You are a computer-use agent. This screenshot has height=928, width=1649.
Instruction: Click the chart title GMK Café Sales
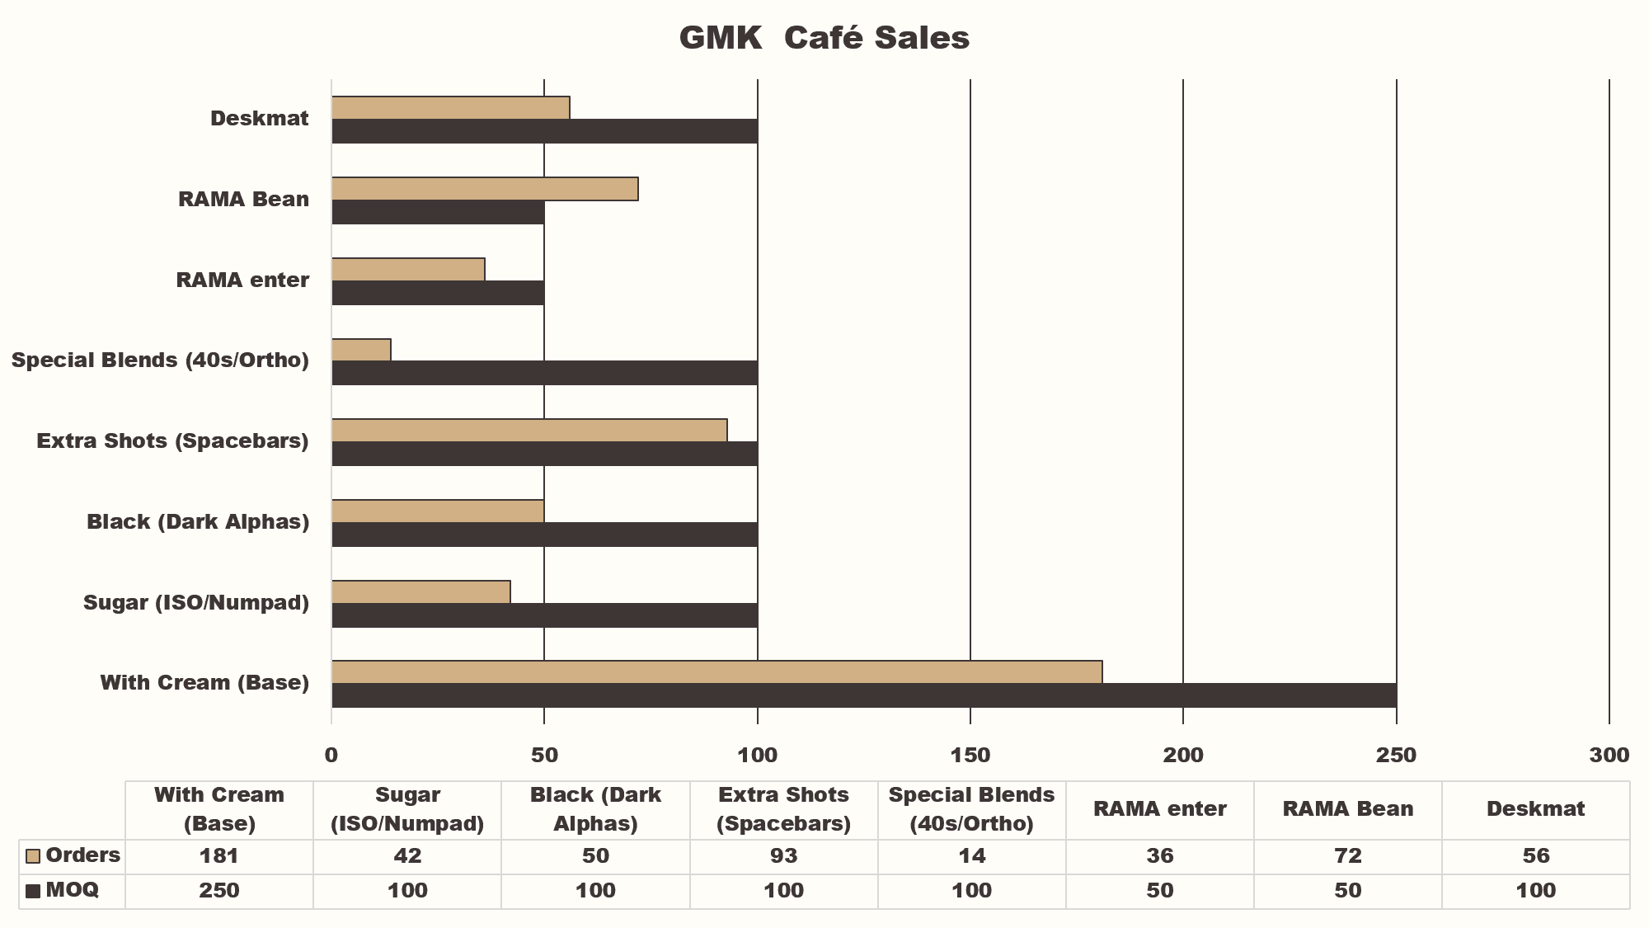point(824,38)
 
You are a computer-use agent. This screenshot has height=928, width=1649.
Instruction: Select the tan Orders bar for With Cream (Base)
point(716,672)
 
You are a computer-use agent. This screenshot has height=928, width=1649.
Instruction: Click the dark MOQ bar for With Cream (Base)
point(863,695)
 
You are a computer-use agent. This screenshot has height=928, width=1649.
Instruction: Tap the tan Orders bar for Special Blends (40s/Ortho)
point(361,350)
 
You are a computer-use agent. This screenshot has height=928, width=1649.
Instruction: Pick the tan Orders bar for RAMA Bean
point(485,189)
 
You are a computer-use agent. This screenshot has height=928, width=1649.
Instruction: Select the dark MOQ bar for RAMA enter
point(438,293)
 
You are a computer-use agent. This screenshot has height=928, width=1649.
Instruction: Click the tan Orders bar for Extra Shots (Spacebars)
point(529,431)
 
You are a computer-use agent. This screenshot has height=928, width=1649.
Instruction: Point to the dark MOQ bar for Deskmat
point(544,131)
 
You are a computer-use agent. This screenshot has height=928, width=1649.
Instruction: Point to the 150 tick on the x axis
point(970,755)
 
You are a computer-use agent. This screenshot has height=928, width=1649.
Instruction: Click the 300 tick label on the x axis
point(1609,755)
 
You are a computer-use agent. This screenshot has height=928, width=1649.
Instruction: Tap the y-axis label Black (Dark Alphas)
point(198,522)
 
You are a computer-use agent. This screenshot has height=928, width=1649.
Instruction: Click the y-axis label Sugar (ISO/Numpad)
point(196,603)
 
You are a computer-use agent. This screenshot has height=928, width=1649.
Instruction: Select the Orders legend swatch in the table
point(33,856)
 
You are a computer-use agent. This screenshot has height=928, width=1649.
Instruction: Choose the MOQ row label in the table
point(72,890)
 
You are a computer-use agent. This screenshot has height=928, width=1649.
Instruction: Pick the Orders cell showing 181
point(218,856)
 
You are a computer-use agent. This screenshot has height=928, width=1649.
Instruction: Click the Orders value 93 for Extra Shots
point(783,856)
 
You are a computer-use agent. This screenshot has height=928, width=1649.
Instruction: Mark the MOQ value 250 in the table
point(218,891)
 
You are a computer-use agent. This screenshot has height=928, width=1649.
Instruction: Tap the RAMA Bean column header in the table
point(1347,809)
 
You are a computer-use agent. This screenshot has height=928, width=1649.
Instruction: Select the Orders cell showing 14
point(971,856)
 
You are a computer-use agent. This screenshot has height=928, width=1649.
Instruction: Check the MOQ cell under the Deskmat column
point(1535,891)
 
